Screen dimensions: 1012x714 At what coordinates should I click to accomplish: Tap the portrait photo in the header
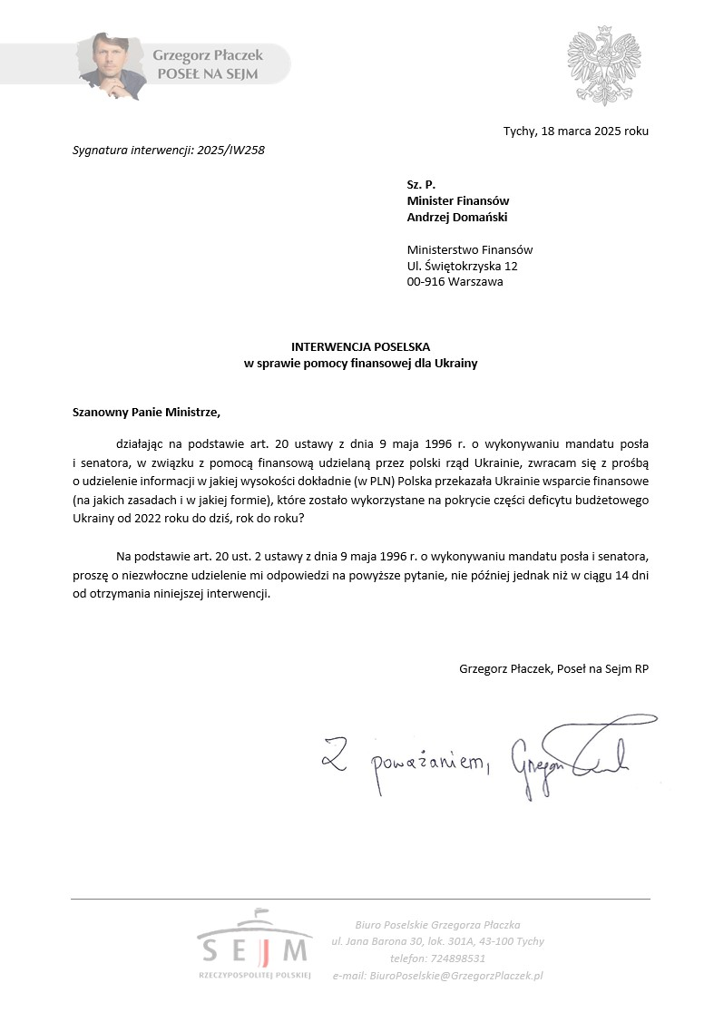[109, 65]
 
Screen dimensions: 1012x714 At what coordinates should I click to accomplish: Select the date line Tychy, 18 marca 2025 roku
[575, 131]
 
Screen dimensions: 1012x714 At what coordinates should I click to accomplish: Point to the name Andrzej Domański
[457, 217]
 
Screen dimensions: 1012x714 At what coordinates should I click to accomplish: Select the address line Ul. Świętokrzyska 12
[462, 266]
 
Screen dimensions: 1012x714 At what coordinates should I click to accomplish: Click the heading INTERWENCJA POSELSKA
[360, 347]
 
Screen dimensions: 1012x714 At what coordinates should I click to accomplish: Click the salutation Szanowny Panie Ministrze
[146, 411]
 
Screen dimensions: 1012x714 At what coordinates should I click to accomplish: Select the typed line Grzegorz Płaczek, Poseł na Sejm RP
[553, 668]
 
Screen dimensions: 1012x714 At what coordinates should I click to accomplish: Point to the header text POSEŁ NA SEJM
[207, 74]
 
